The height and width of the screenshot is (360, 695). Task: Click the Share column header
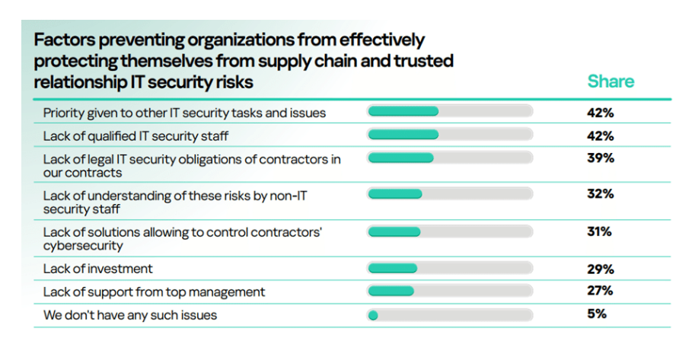coord(610,81)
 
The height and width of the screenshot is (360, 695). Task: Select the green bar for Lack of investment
coord(393,268)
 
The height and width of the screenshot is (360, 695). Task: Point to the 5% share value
coord(597,314)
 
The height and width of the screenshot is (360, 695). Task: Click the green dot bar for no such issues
coord(373,314)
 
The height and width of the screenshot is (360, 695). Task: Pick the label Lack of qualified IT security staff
coord(136,136)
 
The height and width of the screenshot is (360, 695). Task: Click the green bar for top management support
coord(391,291)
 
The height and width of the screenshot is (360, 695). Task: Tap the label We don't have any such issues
coord(129,314)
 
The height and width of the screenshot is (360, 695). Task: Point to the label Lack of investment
coord(97,268)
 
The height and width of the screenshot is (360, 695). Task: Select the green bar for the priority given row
coord(403,112)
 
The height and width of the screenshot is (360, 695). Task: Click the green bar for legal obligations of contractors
coord(400,158)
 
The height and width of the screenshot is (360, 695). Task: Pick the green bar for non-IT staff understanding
coord(395,194)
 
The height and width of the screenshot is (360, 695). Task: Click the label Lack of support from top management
coord(154,292)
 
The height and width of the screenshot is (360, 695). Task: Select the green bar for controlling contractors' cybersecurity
coord(394,231)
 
